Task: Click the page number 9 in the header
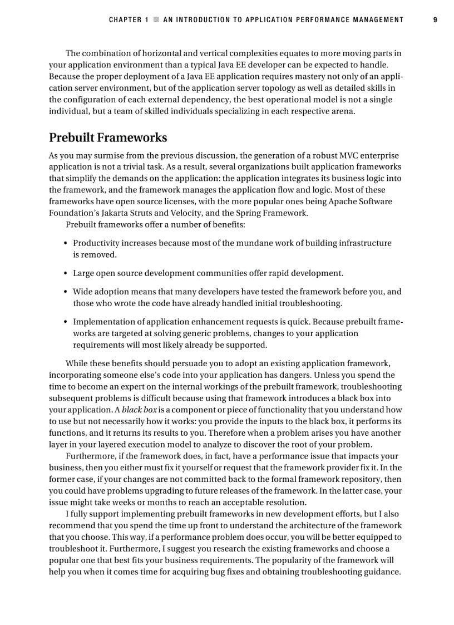[435, 20]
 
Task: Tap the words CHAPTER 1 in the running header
[129, 20]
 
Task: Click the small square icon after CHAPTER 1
[156, 20]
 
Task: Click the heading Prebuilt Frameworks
[108, 137]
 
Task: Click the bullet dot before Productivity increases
[66, 243]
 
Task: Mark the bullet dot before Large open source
[66, 273]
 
